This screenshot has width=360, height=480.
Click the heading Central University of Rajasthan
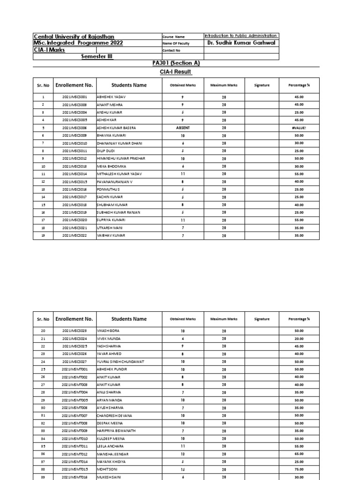(74, 37)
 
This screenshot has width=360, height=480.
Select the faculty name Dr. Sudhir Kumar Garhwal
(241, 43)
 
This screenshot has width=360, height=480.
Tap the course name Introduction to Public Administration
(241, 36)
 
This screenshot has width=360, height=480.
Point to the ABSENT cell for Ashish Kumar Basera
(182, 127)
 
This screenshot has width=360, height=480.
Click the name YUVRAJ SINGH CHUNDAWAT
(120, 361)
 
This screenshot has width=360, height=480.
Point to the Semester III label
(97, 56)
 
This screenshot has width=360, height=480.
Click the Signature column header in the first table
(262, 85)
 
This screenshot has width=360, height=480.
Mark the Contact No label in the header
(171, 50)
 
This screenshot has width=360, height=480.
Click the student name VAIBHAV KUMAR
(111, 235)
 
